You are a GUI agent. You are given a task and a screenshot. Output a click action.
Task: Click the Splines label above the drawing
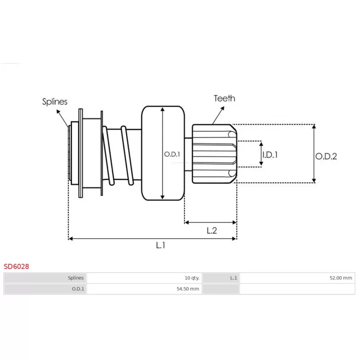(54, 102)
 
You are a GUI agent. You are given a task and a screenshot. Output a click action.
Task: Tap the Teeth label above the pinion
(225, 99)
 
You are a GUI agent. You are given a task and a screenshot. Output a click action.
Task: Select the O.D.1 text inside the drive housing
(172, 154)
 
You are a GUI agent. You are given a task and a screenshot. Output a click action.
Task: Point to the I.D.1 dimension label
(270, 155)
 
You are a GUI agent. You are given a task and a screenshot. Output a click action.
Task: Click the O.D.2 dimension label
(326, 156)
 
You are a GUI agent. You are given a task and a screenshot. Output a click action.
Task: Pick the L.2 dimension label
(211, 230)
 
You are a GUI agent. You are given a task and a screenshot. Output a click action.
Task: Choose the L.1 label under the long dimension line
(161, 245)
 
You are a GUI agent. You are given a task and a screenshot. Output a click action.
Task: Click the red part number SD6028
(16, 266)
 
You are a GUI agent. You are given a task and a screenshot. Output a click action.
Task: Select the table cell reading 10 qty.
(192, 278)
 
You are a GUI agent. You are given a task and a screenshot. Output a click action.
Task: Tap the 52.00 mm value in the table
(341, 278)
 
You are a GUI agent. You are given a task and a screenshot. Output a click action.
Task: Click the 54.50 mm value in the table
(188, 289)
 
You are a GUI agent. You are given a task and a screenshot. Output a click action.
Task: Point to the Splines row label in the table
(76, 278)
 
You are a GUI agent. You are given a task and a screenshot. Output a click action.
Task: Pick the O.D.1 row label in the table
(78, 289)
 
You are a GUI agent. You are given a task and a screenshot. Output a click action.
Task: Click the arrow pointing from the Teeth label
(218, 115)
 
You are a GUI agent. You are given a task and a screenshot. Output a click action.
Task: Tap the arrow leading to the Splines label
(63, 118)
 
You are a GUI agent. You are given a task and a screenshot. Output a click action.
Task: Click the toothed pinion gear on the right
(215, 154)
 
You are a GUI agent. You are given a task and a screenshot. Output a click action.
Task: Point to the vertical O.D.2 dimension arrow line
(314, 153)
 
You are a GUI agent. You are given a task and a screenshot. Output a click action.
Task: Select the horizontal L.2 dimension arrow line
(211, 222)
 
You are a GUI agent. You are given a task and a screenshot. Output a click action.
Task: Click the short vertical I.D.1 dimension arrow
(261, 154)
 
